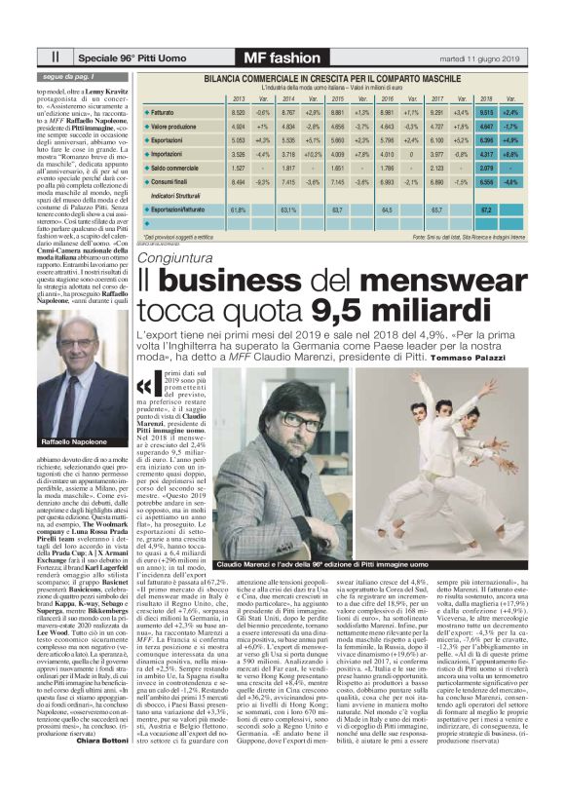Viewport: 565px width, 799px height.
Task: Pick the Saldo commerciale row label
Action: (x=175, y=167)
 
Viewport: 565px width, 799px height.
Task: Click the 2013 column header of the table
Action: (x=240, y=99)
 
